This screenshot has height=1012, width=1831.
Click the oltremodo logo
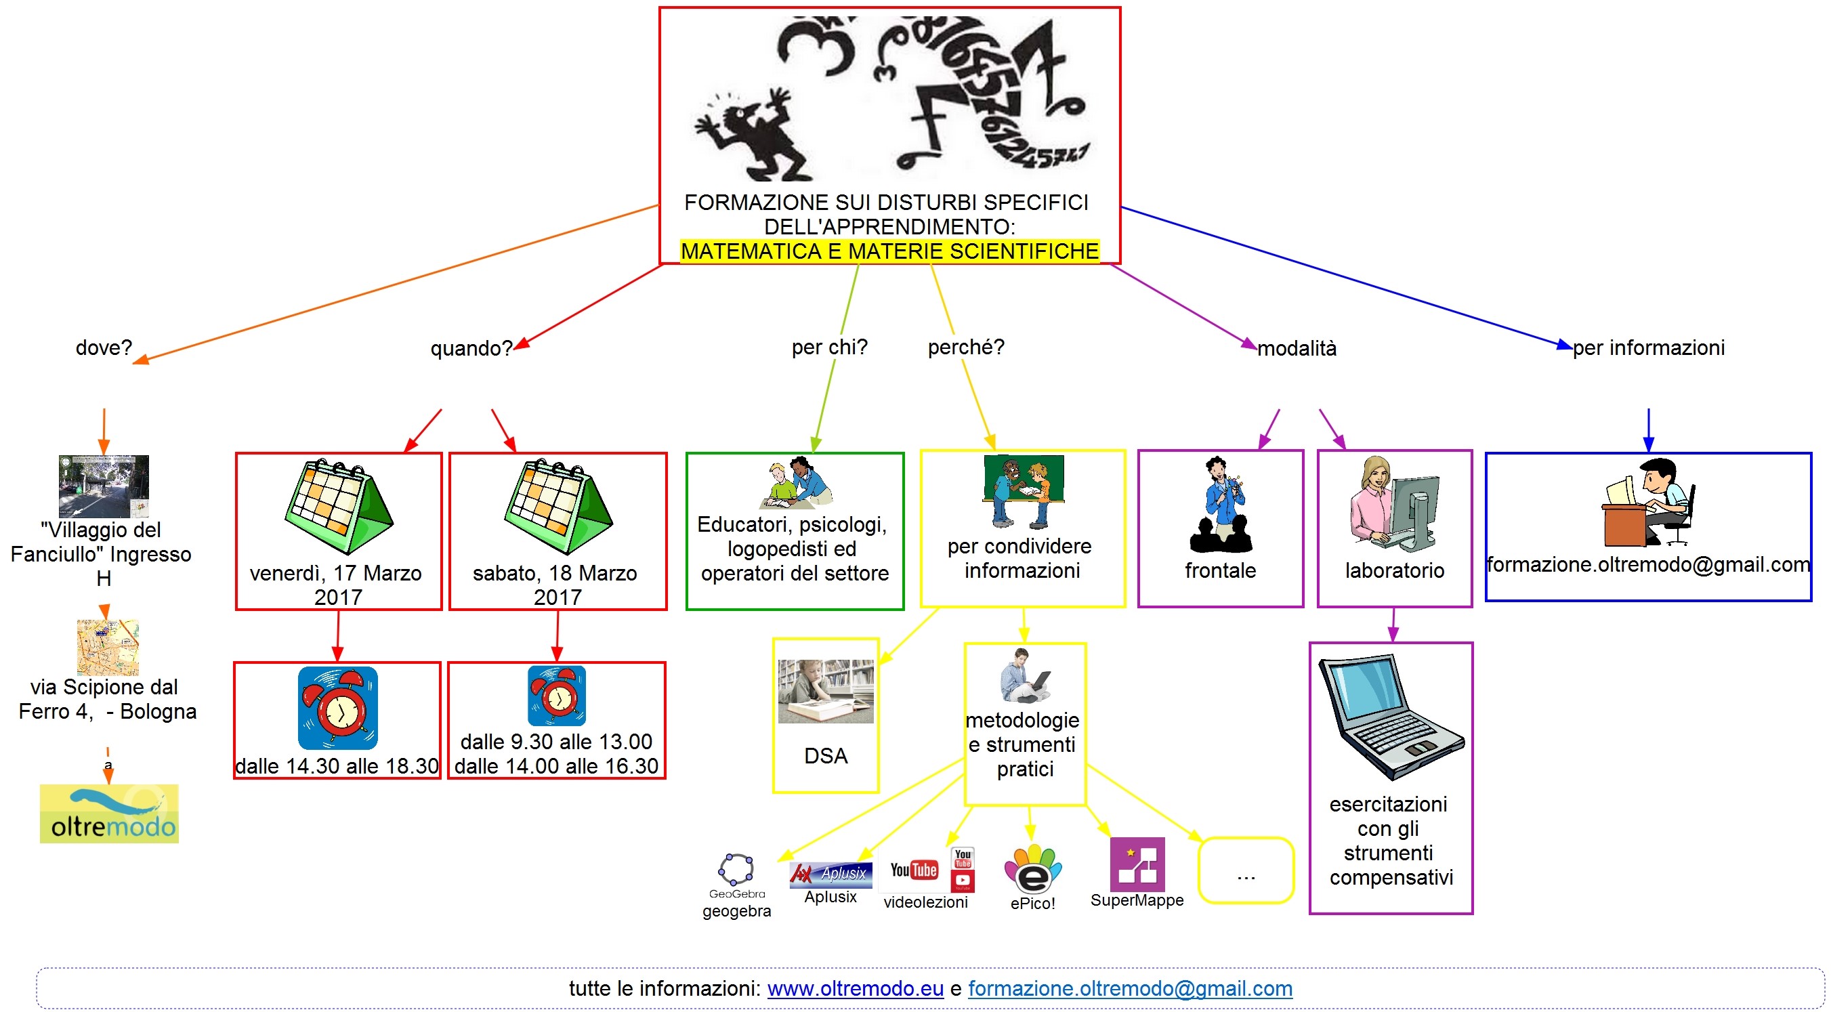(x=109, y=813)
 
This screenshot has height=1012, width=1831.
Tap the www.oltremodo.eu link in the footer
(x=855, y=988)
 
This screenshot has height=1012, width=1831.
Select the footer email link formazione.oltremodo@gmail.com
(x=1129, y=988)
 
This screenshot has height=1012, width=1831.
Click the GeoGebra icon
(x=736, y=868)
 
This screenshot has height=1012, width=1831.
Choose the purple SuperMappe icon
(x=1137, y=864)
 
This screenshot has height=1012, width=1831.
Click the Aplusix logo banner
(x=830, y=874)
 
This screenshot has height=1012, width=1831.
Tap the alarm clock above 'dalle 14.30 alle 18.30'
(x=337, y=708)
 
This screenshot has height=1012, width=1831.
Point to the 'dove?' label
(x=104, y=347)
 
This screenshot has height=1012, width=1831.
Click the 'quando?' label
(x=471, y=348)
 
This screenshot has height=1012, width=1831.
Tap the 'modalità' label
(x=1297, y=348)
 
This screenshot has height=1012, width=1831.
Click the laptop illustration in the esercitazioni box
(x=1390, y=718)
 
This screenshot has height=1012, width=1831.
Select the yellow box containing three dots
(x=1245, y=870)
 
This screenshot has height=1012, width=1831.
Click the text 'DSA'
(x=825, y=755)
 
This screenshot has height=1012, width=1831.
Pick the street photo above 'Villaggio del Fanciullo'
(x=104, y=486)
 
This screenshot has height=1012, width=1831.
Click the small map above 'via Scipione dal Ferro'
(x=107, y=648)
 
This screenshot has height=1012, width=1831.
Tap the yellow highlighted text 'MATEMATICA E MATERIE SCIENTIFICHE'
(x=889, y=251)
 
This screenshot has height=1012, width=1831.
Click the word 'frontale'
(x=1220, y=570)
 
